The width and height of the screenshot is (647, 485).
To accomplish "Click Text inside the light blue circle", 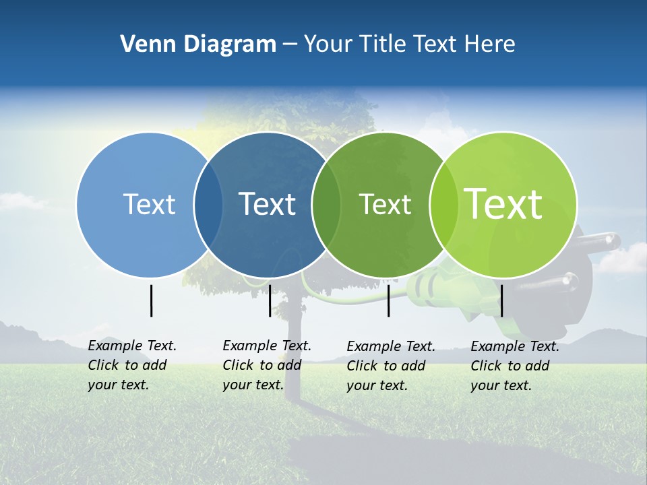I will [x=149, y=204].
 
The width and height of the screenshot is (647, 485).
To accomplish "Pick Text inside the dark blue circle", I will [x=268, y=204].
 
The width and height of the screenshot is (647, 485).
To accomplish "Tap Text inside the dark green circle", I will [x=385, y=204].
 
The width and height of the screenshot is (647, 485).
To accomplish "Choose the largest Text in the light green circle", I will [x=503, y=204].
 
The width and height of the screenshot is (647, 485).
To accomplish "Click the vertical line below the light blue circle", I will [x=151, y=300].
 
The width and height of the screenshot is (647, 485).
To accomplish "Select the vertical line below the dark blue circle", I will [x=270, y=300].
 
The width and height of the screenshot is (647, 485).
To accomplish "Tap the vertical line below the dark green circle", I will [x=388, y=300].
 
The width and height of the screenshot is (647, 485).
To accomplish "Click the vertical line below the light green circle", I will [x=501, y=300].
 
